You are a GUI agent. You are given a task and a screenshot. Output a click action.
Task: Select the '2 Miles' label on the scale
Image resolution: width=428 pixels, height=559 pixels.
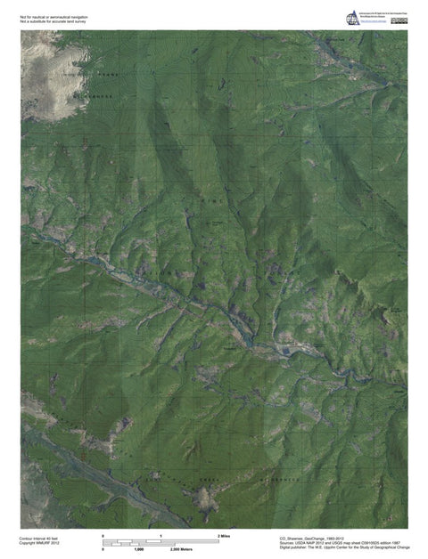click(x=224, y=535)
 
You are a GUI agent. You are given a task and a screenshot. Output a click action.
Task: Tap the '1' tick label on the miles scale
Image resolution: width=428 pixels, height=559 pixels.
click(x=161, y=535)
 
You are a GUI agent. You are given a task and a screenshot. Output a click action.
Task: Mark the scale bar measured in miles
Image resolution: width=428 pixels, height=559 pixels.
click(x=161, y=540)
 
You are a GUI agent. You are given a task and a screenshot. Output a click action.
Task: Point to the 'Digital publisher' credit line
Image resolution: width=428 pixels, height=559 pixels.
click(x=344, y=548)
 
